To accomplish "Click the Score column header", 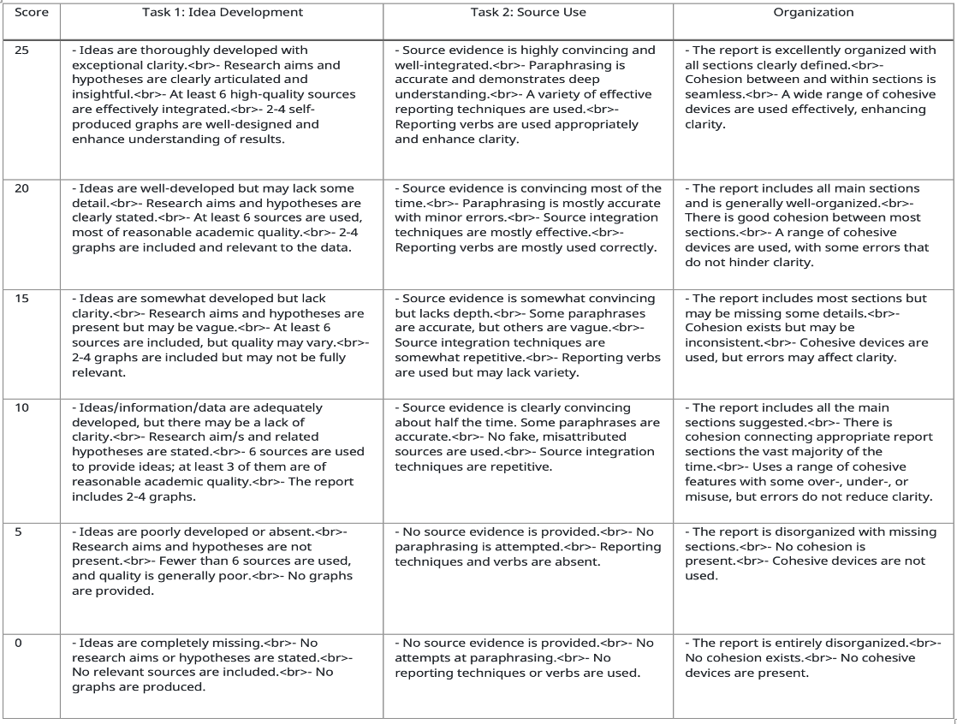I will (x=32, y=13).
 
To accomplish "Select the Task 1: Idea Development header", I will (x=222, y=13).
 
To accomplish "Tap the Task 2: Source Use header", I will (x=528, y=13).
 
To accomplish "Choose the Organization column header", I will (x=813, y=13).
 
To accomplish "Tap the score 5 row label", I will (x=20, y=531).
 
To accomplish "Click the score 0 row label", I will (x=20, y=642).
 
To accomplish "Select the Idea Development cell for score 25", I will (x=221, y=95).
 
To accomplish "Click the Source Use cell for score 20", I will (x=528, y=217).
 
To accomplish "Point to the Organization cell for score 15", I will (x=813, y=327).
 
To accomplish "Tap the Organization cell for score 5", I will (x=813, y=554).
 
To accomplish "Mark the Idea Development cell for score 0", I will (x=221, y=664).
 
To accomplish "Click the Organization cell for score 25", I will (x=813, y=87).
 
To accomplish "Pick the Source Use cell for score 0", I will (x=528, y=657).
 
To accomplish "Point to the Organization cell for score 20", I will (x=813, y=225).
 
